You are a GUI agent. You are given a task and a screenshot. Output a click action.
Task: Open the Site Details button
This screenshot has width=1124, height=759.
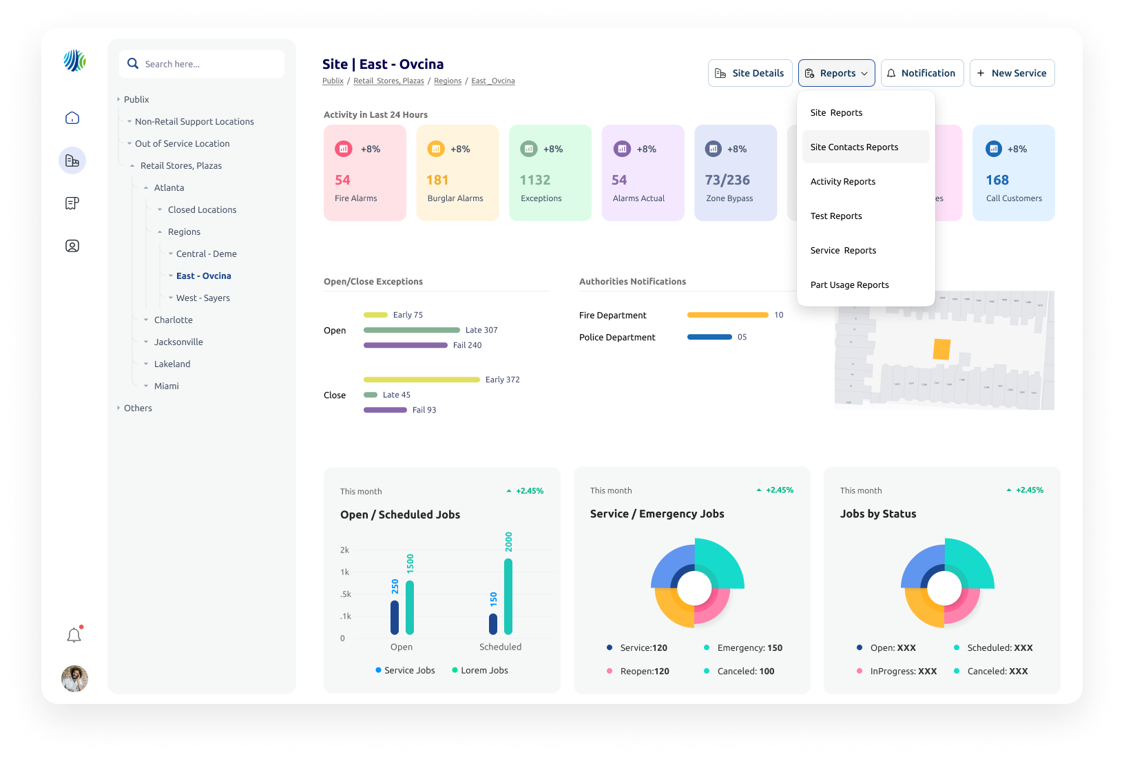[749, 73]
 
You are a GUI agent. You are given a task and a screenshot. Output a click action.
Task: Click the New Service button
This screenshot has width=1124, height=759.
[1012, 73]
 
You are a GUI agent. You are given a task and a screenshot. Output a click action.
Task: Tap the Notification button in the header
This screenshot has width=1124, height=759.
[922, 73]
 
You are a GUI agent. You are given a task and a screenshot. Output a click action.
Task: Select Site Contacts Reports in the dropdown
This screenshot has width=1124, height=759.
[854, 147]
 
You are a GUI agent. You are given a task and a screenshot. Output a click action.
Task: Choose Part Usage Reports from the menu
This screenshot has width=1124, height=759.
[849, 285]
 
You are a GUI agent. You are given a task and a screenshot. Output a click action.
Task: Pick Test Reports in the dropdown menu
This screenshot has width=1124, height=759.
[836, 216]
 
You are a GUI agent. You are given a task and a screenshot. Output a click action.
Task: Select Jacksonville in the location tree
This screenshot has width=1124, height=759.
[178, 342]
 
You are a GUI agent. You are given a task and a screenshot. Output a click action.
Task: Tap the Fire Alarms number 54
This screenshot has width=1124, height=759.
[343, 180]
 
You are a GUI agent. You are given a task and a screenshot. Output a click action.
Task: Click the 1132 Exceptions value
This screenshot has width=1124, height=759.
[535, 180]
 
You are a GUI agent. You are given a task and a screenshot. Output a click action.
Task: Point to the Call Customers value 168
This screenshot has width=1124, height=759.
[997, 180]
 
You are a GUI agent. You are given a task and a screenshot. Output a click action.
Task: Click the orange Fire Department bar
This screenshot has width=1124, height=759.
[727, 315]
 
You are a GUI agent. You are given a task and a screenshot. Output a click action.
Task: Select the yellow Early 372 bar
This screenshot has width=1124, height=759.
[421, 379]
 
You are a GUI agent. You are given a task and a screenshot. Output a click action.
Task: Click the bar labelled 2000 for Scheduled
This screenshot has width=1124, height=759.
[508, 596]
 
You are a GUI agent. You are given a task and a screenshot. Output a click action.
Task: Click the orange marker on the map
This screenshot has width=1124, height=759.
[941, 349]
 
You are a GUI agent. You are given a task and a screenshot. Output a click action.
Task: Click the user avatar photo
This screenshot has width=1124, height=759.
[74, 678]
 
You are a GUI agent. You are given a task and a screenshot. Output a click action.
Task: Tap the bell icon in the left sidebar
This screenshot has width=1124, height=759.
[74, 635]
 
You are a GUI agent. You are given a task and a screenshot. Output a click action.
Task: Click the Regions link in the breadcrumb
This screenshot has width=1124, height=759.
[448, 81]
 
